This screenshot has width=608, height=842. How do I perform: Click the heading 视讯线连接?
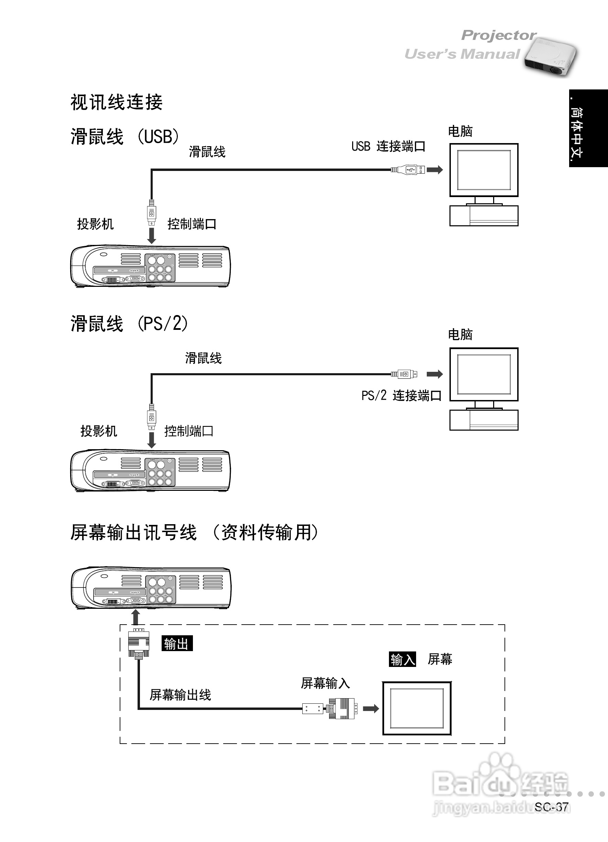(117, 102)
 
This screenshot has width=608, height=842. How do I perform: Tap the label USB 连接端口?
(388, 146)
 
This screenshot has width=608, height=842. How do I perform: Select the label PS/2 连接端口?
(401, 396)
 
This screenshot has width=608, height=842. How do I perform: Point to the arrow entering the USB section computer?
(435, 170)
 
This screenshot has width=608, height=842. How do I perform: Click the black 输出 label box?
(177, 644)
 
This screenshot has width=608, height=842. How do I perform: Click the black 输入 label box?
(402, 659)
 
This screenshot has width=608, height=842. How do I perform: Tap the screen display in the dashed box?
(417, 708)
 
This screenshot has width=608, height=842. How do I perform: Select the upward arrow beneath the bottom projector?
(136, 617)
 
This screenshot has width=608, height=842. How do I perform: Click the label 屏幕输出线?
(181, 694)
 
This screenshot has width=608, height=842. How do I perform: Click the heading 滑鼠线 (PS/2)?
(129, 323)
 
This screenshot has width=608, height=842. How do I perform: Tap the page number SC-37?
(551, 807)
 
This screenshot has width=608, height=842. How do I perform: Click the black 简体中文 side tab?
(588, 128)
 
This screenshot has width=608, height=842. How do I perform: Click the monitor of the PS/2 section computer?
(484, 375)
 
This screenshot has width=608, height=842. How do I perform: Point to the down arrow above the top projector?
(151, 236)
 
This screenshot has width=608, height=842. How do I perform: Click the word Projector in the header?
(498, 35)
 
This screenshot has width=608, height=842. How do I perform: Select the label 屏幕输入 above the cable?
(325, 683)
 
